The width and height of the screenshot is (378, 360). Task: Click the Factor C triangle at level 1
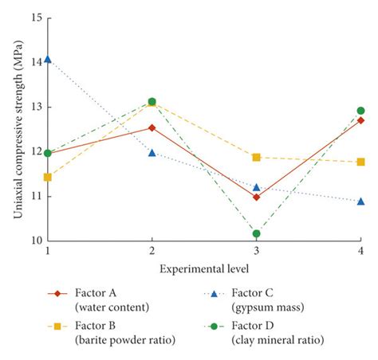(48, 59)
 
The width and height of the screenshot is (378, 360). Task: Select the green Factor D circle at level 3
(256, 233)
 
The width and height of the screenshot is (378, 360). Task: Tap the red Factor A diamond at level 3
(256, 197)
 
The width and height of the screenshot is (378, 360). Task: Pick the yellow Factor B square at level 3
(256, 158)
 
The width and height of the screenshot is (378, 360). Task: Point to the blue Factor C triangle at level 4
(360, 201)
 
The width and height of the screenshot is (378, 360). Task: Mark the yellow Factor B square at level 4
(360, 162)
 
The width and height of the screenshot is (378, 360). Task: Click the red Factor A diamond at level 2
(152, 127)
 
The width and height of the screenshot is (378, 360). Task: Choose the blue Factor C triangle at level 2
(152, 152)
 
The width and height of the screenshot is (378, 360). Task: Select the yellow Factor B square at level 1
(48, 177)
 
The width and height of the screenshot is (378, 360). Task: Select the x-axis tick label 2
(152, 252)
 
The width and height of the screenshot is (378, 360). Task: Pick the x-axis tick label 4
(360, 252)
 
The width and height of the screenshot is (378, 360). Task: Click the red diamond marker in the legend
(55, 294)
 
